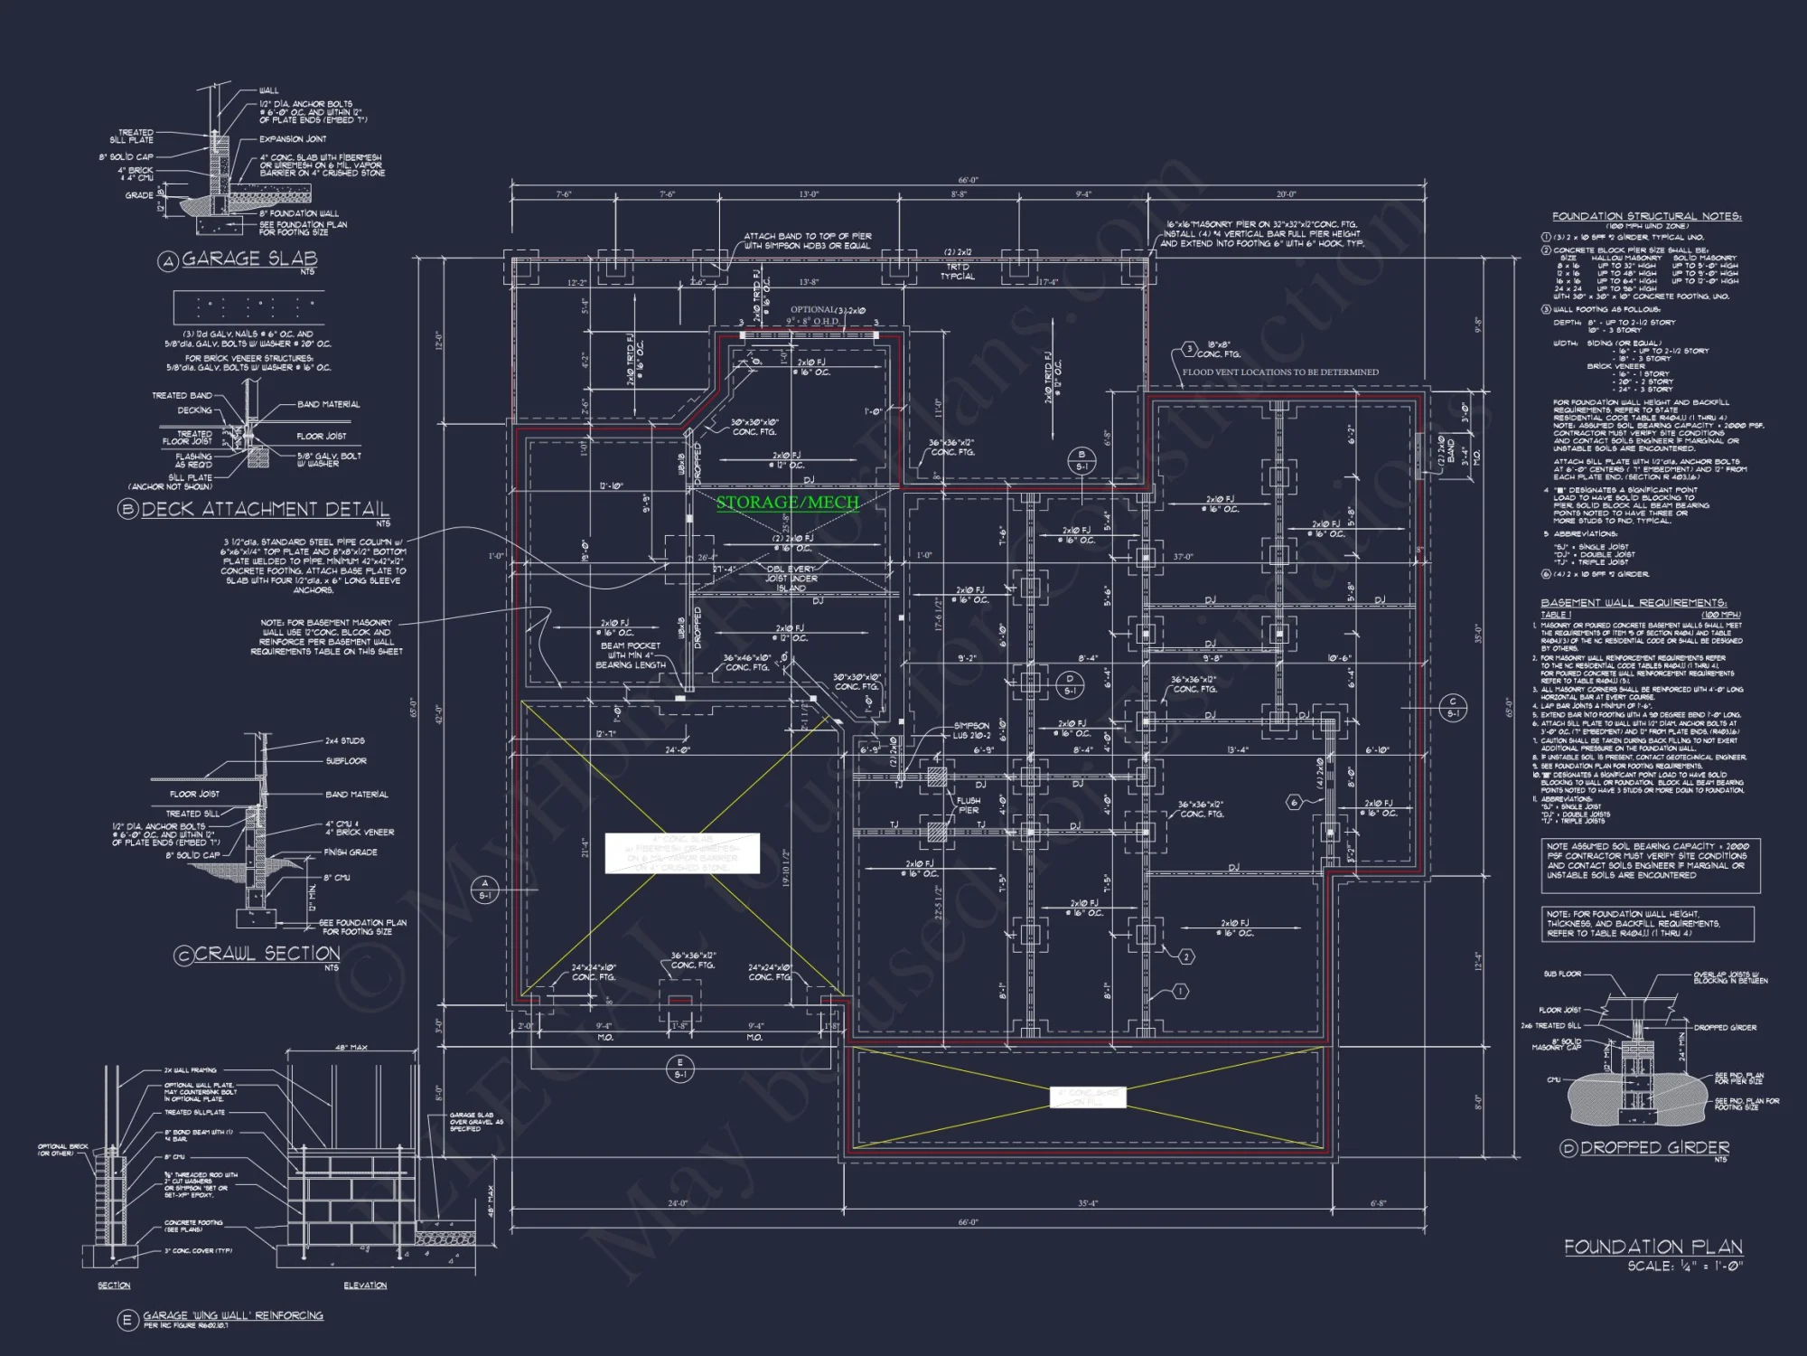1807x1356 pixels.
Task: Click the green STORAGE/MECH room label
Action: (x=787, y=502)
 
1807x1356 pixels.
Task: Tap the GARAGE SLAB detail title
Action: (x=249, y=259)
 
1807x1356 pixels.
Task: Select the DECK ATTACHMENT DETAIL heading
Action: (x=265, y=509)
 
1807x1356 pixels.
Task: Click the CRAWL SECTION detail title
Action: (x=267, y=954)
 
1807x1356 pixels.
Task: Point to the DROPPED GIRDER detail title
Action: (x=1654, y=1147)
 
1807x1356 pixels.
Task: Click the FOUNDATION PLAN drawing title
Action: (x=1653, y=1247)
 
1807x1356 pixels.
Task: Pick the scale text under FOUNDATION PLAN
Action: (x=1685, y=1267)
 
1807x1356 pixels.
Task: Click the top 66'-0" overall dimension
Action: (x=968, y=181)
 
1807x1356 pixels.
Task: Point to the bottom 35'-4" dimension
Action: (x=1088, y=1203)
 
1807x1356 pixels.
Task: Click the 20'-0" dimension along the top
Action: (x=1286, y=194)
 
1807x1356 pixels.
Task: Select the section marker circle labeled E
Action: (x=680, y=1069)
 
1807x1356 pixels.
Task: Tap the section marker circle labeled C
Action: (x=1453, y=707)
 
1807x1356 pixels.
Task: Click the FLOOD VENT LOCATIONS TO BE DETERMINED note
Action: (x=1280, y=372)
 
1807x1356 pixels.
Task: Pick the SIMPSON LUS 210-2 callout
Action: (x=971, y=730)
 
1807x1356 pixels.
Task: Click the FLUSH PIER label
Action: (x=969, y=805)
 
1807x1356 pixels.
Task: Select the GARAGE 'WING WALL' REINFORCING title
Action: (x=232, y=1315)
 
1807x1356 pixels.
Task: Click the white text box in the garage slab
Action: (x=682, y=853)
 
